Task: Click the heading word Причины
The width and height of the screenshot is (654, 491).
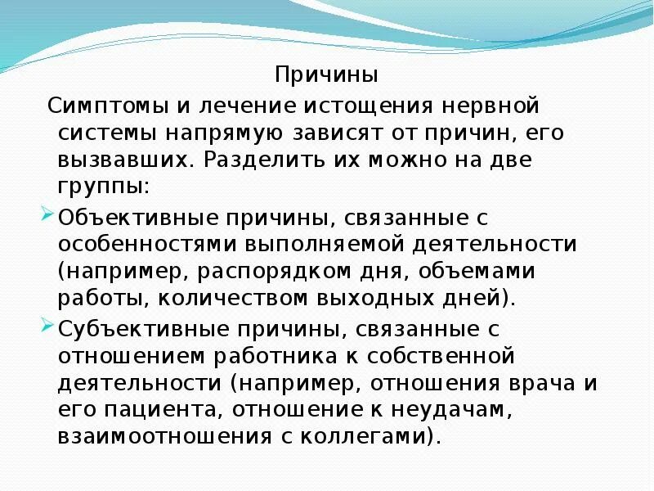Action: coord(326,76)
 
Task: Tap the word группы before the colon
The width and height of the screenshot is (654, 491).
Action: coord(100,186)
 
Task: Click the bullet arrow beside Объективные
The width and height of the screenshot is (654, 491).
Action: coord(47,216)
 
